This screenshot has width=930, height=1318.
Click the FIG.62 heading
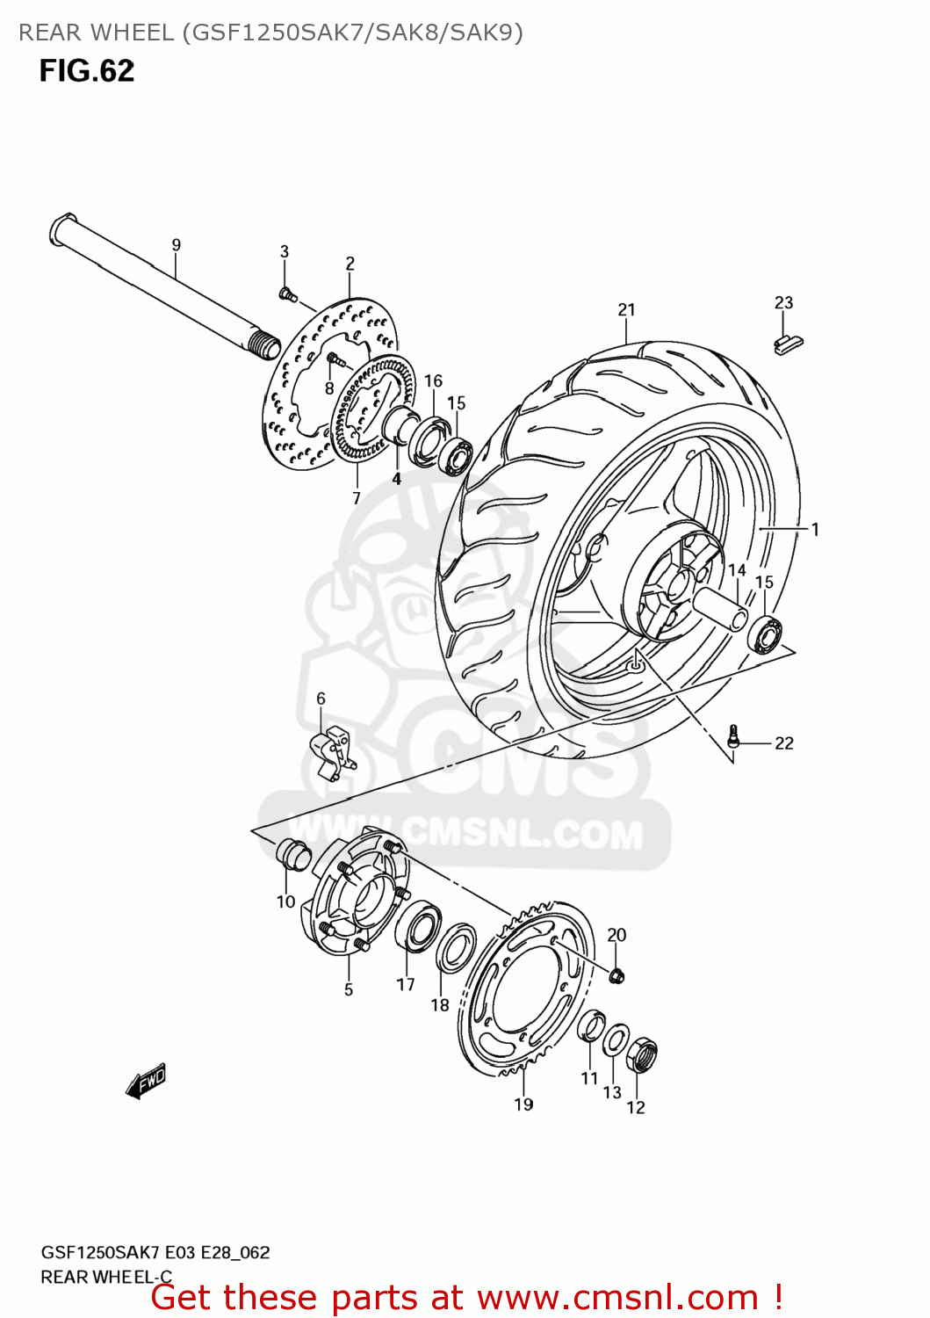point(86,70)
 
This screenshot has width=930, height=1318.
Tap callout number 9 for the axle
point(176,245)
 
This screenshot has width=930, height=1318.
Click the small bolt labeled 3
point(285,293)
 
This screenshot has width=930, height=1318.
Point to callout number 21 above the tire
point(626,309)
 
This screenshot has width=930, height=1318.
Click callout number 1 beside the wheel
point(815,529)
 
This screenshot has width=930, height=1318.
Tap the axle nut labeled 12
point(642,1054)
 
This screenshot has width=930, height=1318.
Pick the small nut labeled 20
point(616,974)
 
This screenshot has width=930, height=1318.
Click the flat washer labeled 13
point(615,1041)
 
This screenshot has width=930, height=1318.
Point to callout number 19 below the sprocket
point(523,1104)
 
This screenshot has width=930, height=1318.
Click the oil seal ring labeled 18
point(456,949)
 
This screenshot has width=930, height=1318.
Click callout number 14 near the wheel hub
point(737,570)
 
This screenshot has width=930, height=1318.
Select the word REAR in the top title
point(49,33)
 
